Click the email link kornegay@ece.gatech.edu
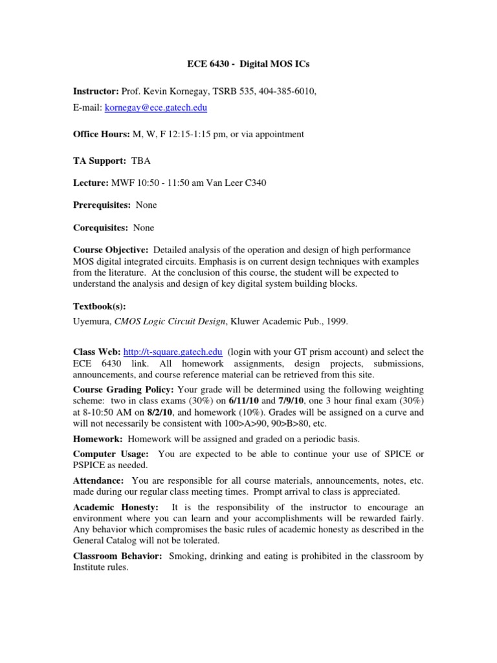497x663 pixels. point(156,107)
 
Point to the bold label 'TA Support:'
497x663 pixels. point(99,161)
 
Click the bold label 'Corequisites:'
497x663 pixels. point(100,227)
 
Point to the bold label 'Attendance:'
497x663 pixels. point(98,480)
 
